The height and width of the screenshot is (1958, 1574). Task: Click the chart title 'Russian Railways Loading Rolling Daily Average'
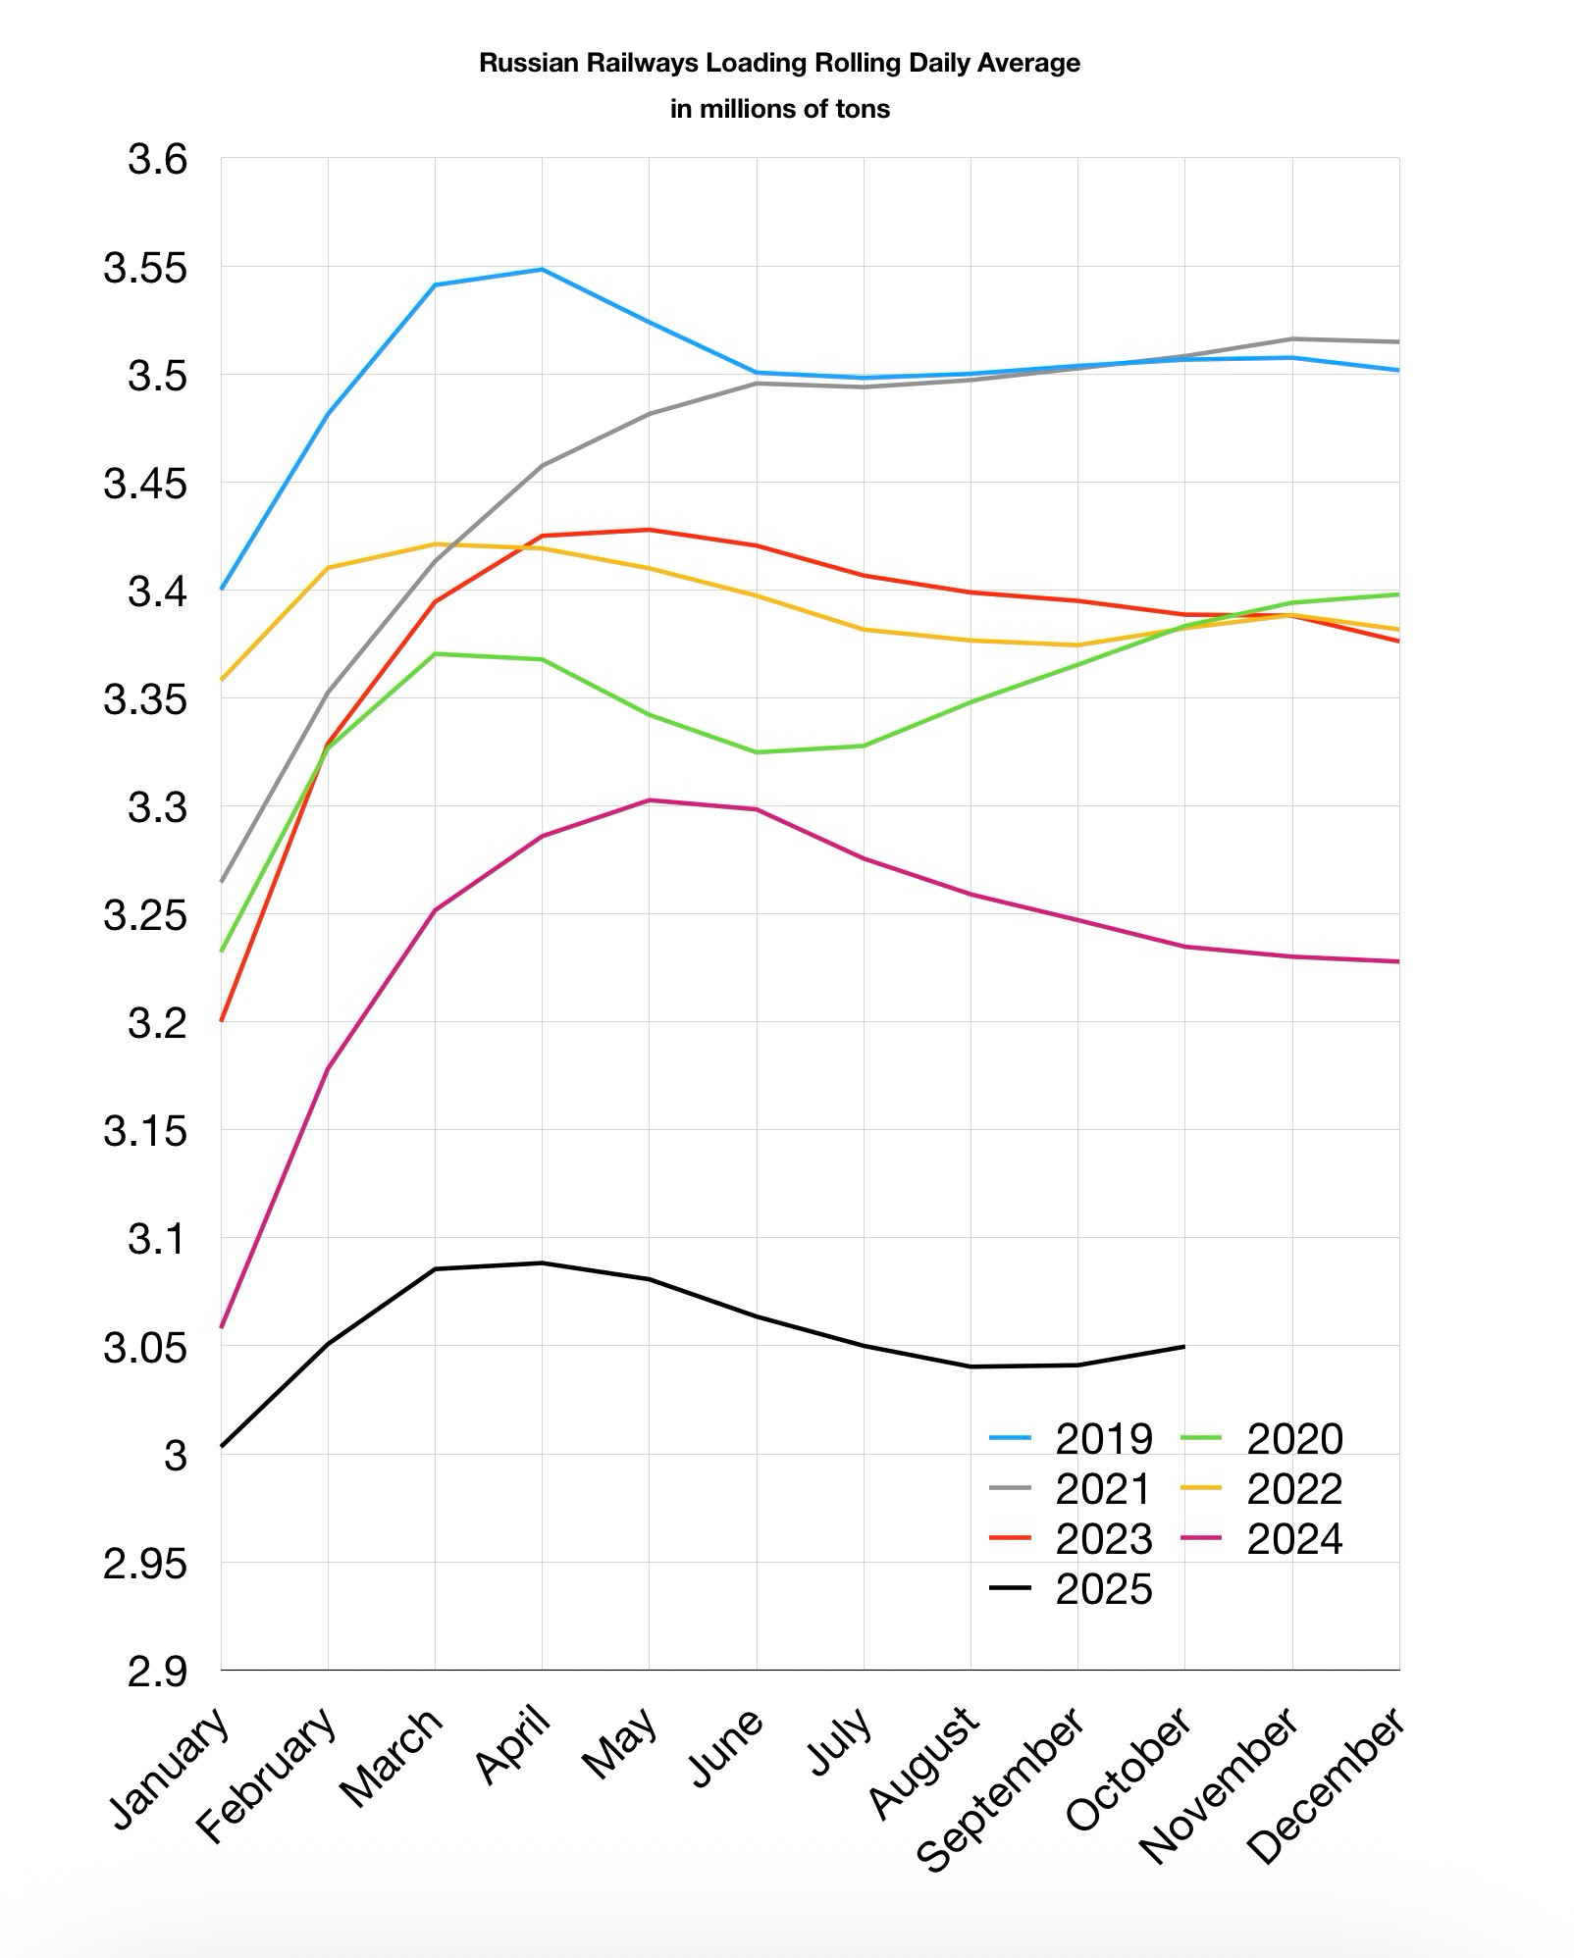click(779, 64)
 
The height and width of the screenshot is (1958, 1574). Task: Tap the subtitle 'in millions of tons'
click(779, 109)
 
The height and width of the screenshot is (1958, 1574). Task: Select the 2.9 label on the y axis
click(156, 1672)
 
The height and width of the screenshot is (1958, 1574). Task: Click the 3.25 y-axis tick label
click(144, 916)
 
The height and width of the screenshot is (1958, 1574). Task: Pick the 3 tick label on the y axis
click(175, 1456)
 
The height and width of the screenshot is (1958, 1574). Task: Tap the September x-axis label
click(1000, 1788)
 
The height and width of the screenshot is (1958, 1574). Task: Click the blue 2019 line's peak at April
click(542, 270)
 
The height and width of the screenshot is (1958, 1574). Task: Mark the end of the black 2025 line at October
click(1184, 1346)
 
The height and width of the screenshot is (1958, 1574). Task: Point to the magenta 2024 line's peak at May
click(649, 800)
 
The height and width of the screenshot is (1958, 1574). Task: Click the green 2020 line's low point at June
click(756, 752)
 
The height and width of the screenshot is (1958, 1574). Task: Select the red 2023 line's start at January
click(222, 1020)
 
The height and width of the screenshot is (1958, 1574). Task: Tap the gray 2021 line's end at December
click(1398, 341)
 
